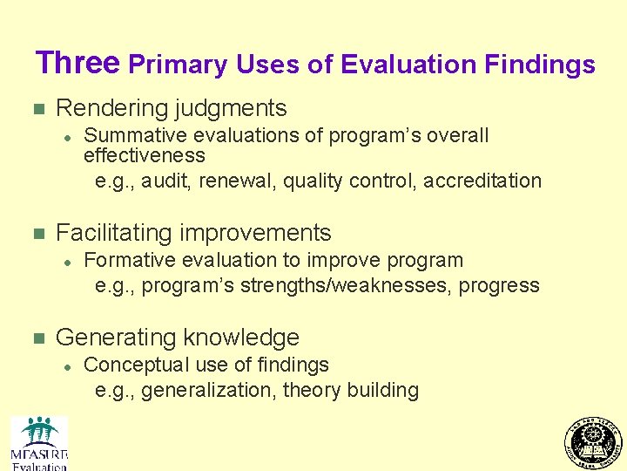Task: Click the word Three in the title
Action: pos(78,63)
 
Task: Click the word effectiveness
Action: pos(144,155)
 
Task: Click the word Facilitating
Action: pos(114,233)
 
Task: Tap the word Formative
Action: pos(127,260)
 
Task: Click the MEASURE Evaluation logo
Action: pos(39,443)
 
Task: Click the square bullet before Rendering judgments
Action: pos(37,110)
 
